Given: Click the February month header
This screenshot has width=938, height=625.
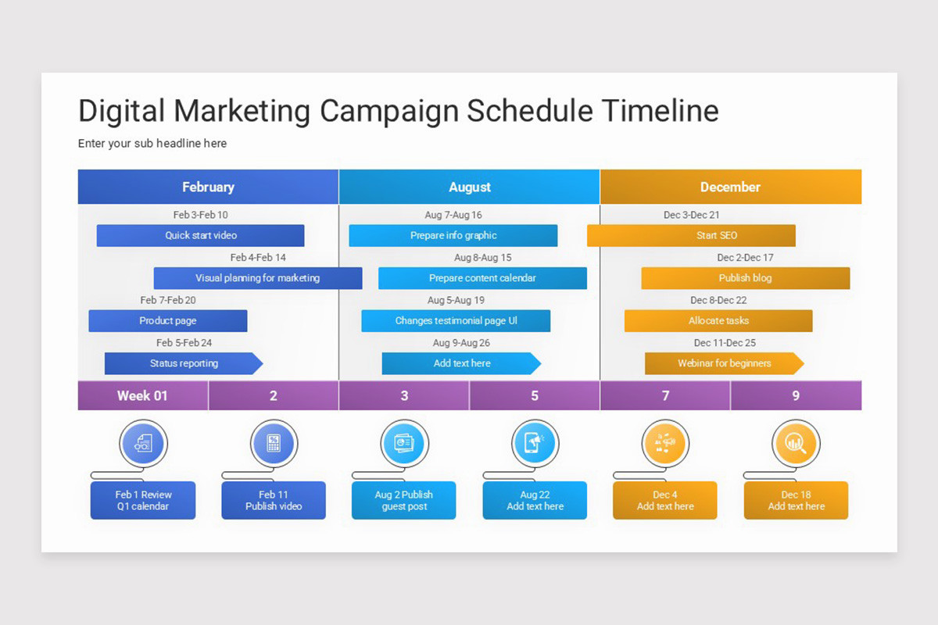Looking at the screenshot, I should [x=208, y=187].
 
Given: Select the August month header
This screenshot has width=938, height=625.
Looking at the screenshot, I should [x=469, y=187].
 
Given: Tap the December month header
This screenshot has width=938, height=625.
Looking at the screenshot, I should [x=730, y=187].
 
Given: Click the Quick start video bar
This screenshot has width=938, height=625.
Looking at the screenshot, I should [x=200, y=235].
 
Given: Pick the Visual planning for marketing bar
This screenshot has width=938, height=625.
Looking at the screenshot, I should [x=257, y=278].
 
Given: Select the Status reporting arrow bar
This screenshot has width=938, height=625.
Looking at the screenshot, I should [x=184, y=363].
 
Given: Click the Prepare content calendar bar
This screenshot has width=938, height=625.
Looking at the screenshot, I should [x=482, y=278].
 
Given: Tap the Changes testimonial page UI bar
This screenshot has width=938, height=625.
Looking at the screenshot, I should [x=456, y=320].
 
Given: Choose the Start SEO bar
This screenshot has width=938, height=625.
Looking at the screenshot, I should [x=691, y=235].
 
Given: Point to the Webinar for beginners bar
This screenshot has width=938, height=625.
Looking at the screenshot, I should [x=724, y=363].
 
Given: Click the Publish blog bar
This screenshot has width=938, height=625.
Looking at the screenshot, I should [x=745, y=278].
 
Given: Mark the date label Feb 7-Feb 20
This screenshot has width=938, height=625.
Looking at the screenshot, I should [x=168, y=300].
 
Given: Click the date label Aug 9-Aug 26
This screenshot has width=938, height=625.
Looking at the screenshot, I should [x=461, y=343].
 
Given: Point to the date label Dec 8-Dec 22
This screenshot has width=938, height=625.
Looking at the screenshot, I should [x=718, y=300].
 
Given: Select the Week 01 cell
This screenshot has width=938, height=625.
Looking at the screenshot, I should [x=142, y=395].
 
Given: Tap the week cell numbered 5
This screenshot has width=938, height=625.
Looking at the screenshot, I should [x=535, y=395].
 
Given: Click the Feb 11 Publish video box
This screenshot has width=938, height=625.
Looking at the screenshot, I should [x=274, y=500].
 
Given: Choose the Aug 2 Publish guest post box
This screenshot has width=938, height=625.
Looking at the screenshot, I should [x=403, y=500].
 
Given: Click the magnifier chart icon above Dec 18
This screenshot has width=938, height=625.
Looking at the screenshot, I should [x=795, y=444].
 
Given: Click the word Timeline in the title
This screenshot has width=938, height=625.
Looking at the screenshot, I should [x=660, y=111].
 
